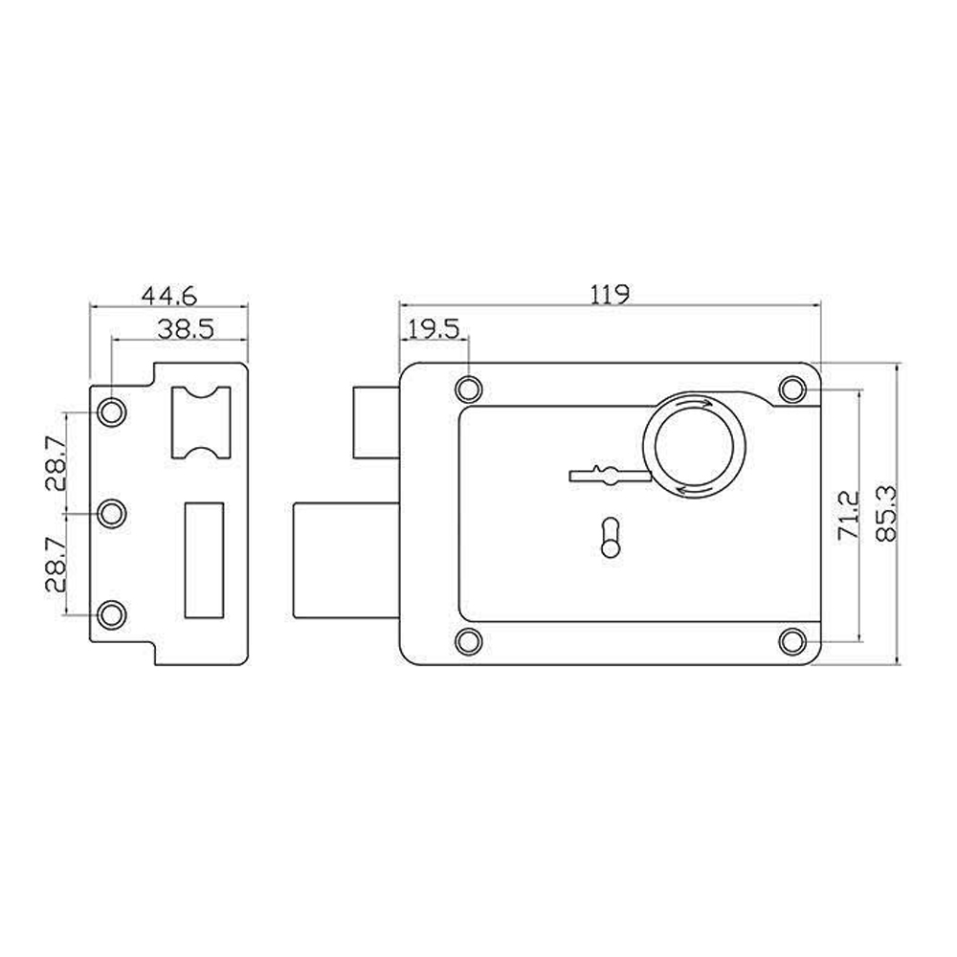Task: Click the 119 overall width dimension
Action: [610, 294]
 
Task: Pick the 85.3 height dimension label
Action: [885, 515]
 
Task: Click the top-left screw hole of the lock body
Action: [468, 389]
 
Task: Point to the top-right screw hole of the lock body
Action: [791, 389]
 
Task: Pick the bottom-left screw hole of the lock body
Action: [468, 640]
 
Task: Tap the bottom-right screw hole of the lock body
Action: [791, 640]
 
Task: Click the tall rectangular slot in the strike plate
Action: [204, 559]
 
